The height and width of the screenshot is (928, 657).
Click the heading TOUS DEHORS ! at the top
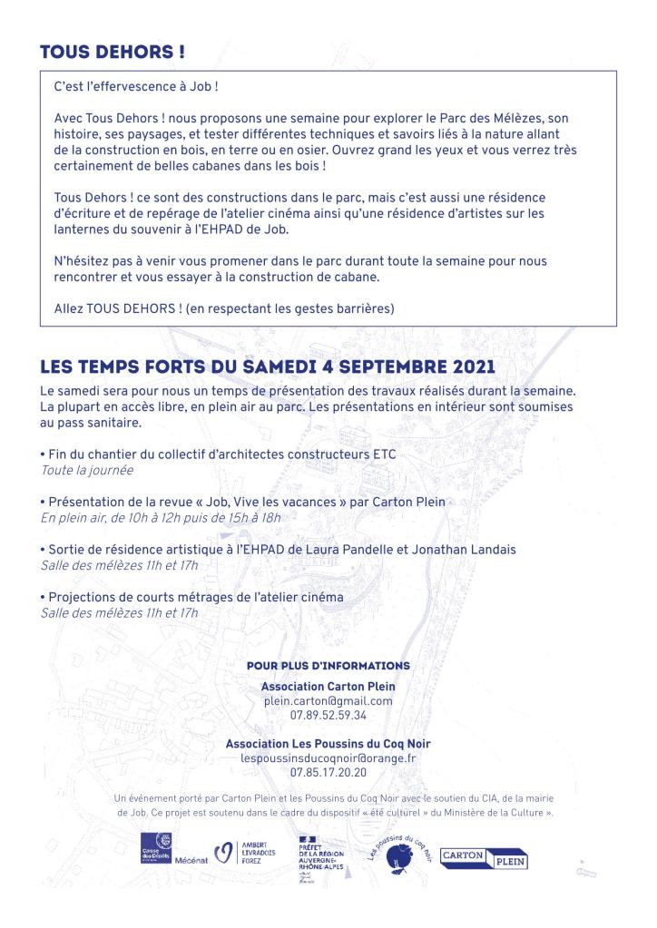[113, 53]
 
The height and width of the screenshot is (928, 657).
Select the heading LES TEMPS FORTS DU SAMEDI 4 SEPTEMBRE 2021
[269, 367]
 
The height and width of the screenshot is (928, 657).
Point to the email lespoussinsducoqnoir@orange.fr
[328, 758]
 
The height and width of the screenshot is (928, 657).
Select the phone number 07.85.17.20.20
[328, 773]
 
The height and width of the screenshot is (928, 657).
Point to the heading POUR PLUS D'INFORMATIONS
[328, 666]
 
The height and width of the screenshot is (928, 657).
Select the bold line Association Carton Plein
[328, 687]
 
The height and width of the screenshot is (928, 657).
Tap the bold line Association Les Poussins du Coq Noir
[328, 744]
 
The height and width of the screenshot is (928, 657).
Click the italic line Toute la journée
[87, 471]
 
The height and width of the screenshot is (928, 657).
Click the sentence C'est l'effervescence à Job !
[137, 93]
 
